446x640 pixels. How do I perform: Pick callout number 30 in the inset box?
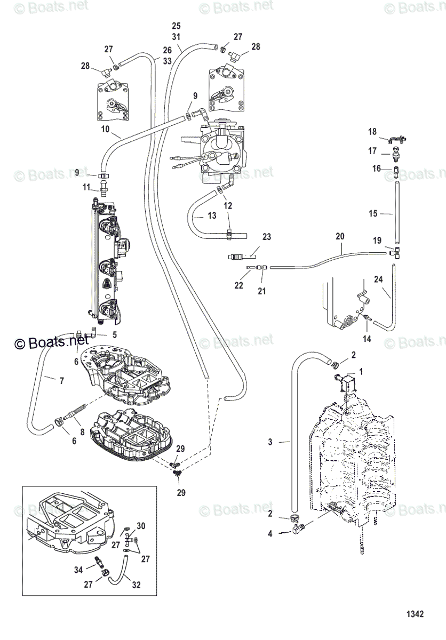click(x=141, y=525)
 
